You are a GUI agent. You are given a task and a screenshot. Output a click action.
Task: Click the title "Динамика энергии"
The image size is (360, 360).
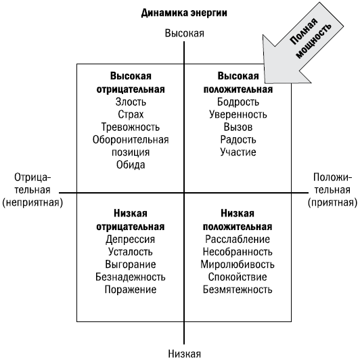point(184,13)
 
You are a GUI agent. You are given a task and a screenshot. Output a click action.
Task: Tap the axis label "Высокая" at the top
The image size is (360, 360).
point(184,33)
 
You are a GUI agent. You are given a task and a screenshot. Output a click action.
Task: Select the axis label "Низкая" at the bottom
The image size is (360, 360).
point(184,353)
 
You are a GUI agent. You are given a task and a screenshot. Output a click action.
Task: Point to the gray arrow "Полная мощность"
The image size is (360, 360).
point(303,43)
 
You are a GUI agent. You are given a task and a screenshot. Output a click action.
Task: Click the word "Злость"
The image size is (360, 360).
point(131,102)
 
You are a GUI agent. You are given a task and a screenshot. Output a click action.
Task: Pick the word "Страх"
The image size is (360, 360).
point(131,114)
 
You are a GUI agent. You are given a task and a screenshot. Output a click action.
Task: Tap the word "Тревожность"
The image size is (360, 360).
point(131,127)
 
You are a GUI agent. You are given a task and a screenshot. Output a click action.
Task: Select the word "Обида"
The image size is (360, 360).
point(131,165)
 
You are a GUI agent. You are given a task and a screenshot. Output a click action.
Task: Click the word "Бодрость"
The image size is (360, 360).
point(238,102)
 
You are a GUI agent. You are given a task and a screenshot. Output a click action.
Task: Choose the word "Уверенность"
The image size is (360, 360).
point(238,114)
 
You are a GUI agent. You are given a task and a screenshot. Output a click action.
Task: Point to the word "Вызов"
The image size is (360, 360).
point(238,127)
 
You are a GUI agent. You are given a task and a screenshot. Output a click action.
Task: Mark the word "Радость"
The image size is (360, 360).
point(238,139)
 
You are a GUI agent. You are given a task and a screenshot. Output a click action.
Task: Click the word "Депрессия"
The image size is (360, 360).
point(130,240)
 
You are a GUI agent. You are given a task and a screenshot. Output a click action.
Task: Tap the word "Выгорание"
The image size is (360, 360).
point(131,265)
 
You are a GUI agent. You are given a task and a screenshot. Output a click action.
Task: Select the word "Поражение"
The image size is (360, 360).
point(131,290)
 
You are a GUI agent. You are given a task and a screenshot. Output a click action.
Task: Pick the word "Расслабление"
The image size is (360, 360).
point(238,240)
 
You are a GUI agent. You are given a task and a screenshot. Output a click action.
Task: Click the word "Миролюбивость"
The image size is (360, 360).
point(238,265)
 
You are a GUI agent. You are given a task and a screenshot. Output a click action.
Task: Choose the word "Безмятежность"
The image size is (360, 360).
point(238,290)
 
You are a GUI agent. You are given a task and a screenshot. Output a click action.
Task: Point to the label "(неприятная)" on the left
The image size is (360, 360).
point(32,203)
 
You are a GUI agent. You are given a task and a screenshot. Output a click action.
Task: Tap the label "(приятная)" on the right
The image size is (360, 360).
point(332,203)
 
